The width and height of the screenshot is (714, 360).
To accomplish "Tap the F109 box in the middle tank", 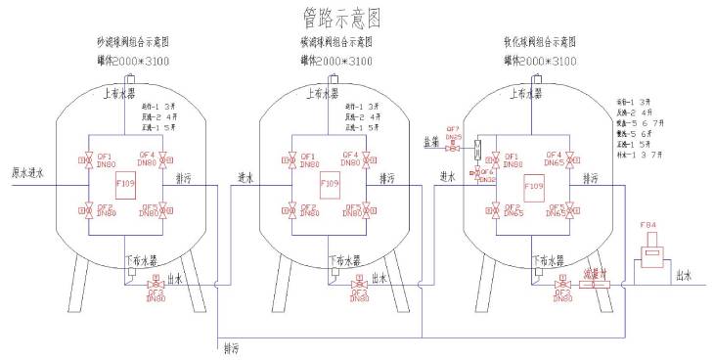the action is [330, 183].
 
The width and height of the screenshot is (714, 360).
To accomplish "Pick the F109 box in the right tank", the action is [534, 183].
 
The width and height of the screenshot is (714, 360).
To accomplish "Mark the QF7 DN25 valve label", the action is [453, 133].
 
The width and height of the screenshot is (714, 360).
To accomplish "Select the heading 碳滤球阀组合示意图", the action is [335, 43].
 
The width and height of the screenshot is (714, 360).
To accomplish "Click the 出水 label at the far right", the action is [683, 277].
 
